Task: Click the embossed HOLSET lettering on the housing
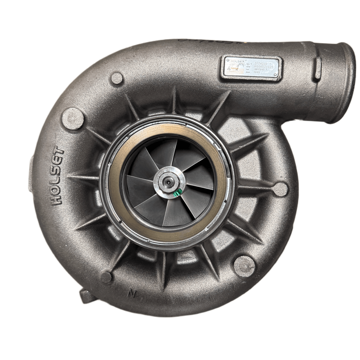click(x=57, y=176)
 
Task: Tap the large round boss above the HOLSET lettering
click(x=73, y=118)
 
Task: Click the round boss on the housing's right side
click(x=280, y=189)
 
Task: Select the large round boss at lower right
click(x=244, y=266)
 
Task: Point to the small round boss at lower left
click(x=106, y=277)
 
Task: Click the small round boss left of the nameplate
click(x=117, y=78)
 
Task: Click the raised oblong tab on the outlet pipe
click(x=317, y=68)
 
